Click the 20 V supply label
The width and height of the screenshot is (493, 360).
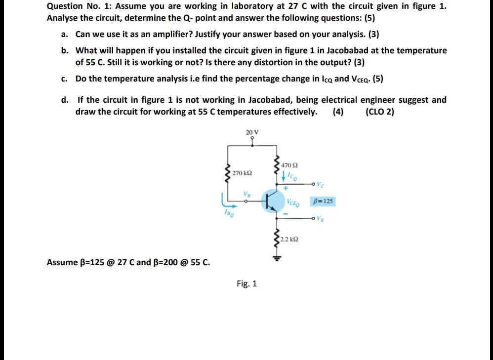(252, 132)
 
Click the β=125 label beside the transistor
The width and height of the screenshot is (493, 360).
(323, 201)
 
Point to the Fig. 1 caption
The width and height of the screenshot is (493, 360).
(246, 284)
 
